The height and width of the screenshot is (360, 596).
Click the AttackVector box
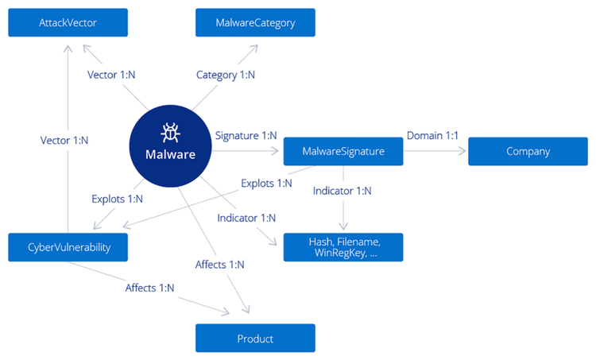click(68, 23)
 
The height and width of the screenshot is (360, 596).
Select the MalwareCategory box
click(255, 23)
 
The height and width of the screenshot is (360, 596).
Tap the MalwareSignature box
click(343, 151)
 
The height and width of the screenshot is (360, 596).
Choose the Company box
click(528, 151)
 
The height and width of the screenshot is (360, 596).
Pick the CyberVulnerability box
click(68, 247)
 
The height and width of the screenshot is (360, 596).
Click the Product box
click(255, 339)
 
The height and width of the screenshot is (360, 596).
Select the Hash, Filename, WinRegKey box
click(343, 247)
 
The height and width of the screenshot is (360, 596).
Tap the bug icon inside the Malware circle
click(170, 132)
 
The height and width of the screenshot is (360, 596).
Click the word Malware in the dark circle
click(170, 154)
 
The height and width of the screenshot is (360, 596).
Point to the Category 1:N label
click(226, 75)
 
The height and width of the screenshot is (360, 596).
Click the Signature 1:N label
click(246, 135)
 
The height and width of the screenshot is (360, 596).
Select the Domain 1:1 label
click(433, 135)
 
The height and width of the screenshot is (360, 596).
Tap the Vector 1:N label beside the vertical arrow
click(64, 140)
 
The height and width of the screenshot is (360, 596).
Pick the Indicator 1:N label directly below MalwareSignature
click(342, 191)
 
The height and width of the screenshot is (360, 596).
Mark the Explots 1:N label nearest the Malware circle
click(117, 199)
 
